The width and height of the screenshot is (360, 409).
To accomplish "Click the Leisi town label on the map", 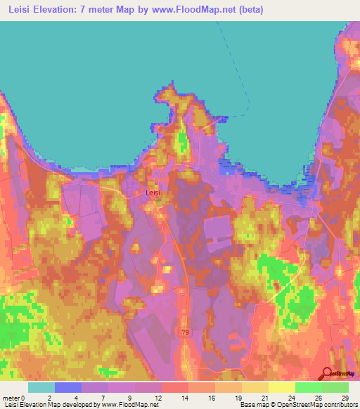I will (x=153, y=190).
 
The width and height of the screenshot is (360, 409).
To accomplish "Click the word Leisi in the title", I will (x=23, y=9).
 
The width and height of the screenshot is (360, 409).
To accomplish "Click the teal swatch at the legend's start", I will (x=41, y=387).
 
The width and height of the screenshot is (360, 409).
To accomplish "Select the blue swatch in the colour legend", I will (x=67, y=387).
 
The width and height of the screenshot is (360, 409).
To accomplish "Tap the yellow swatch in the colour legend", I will (x=255, y=387).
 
